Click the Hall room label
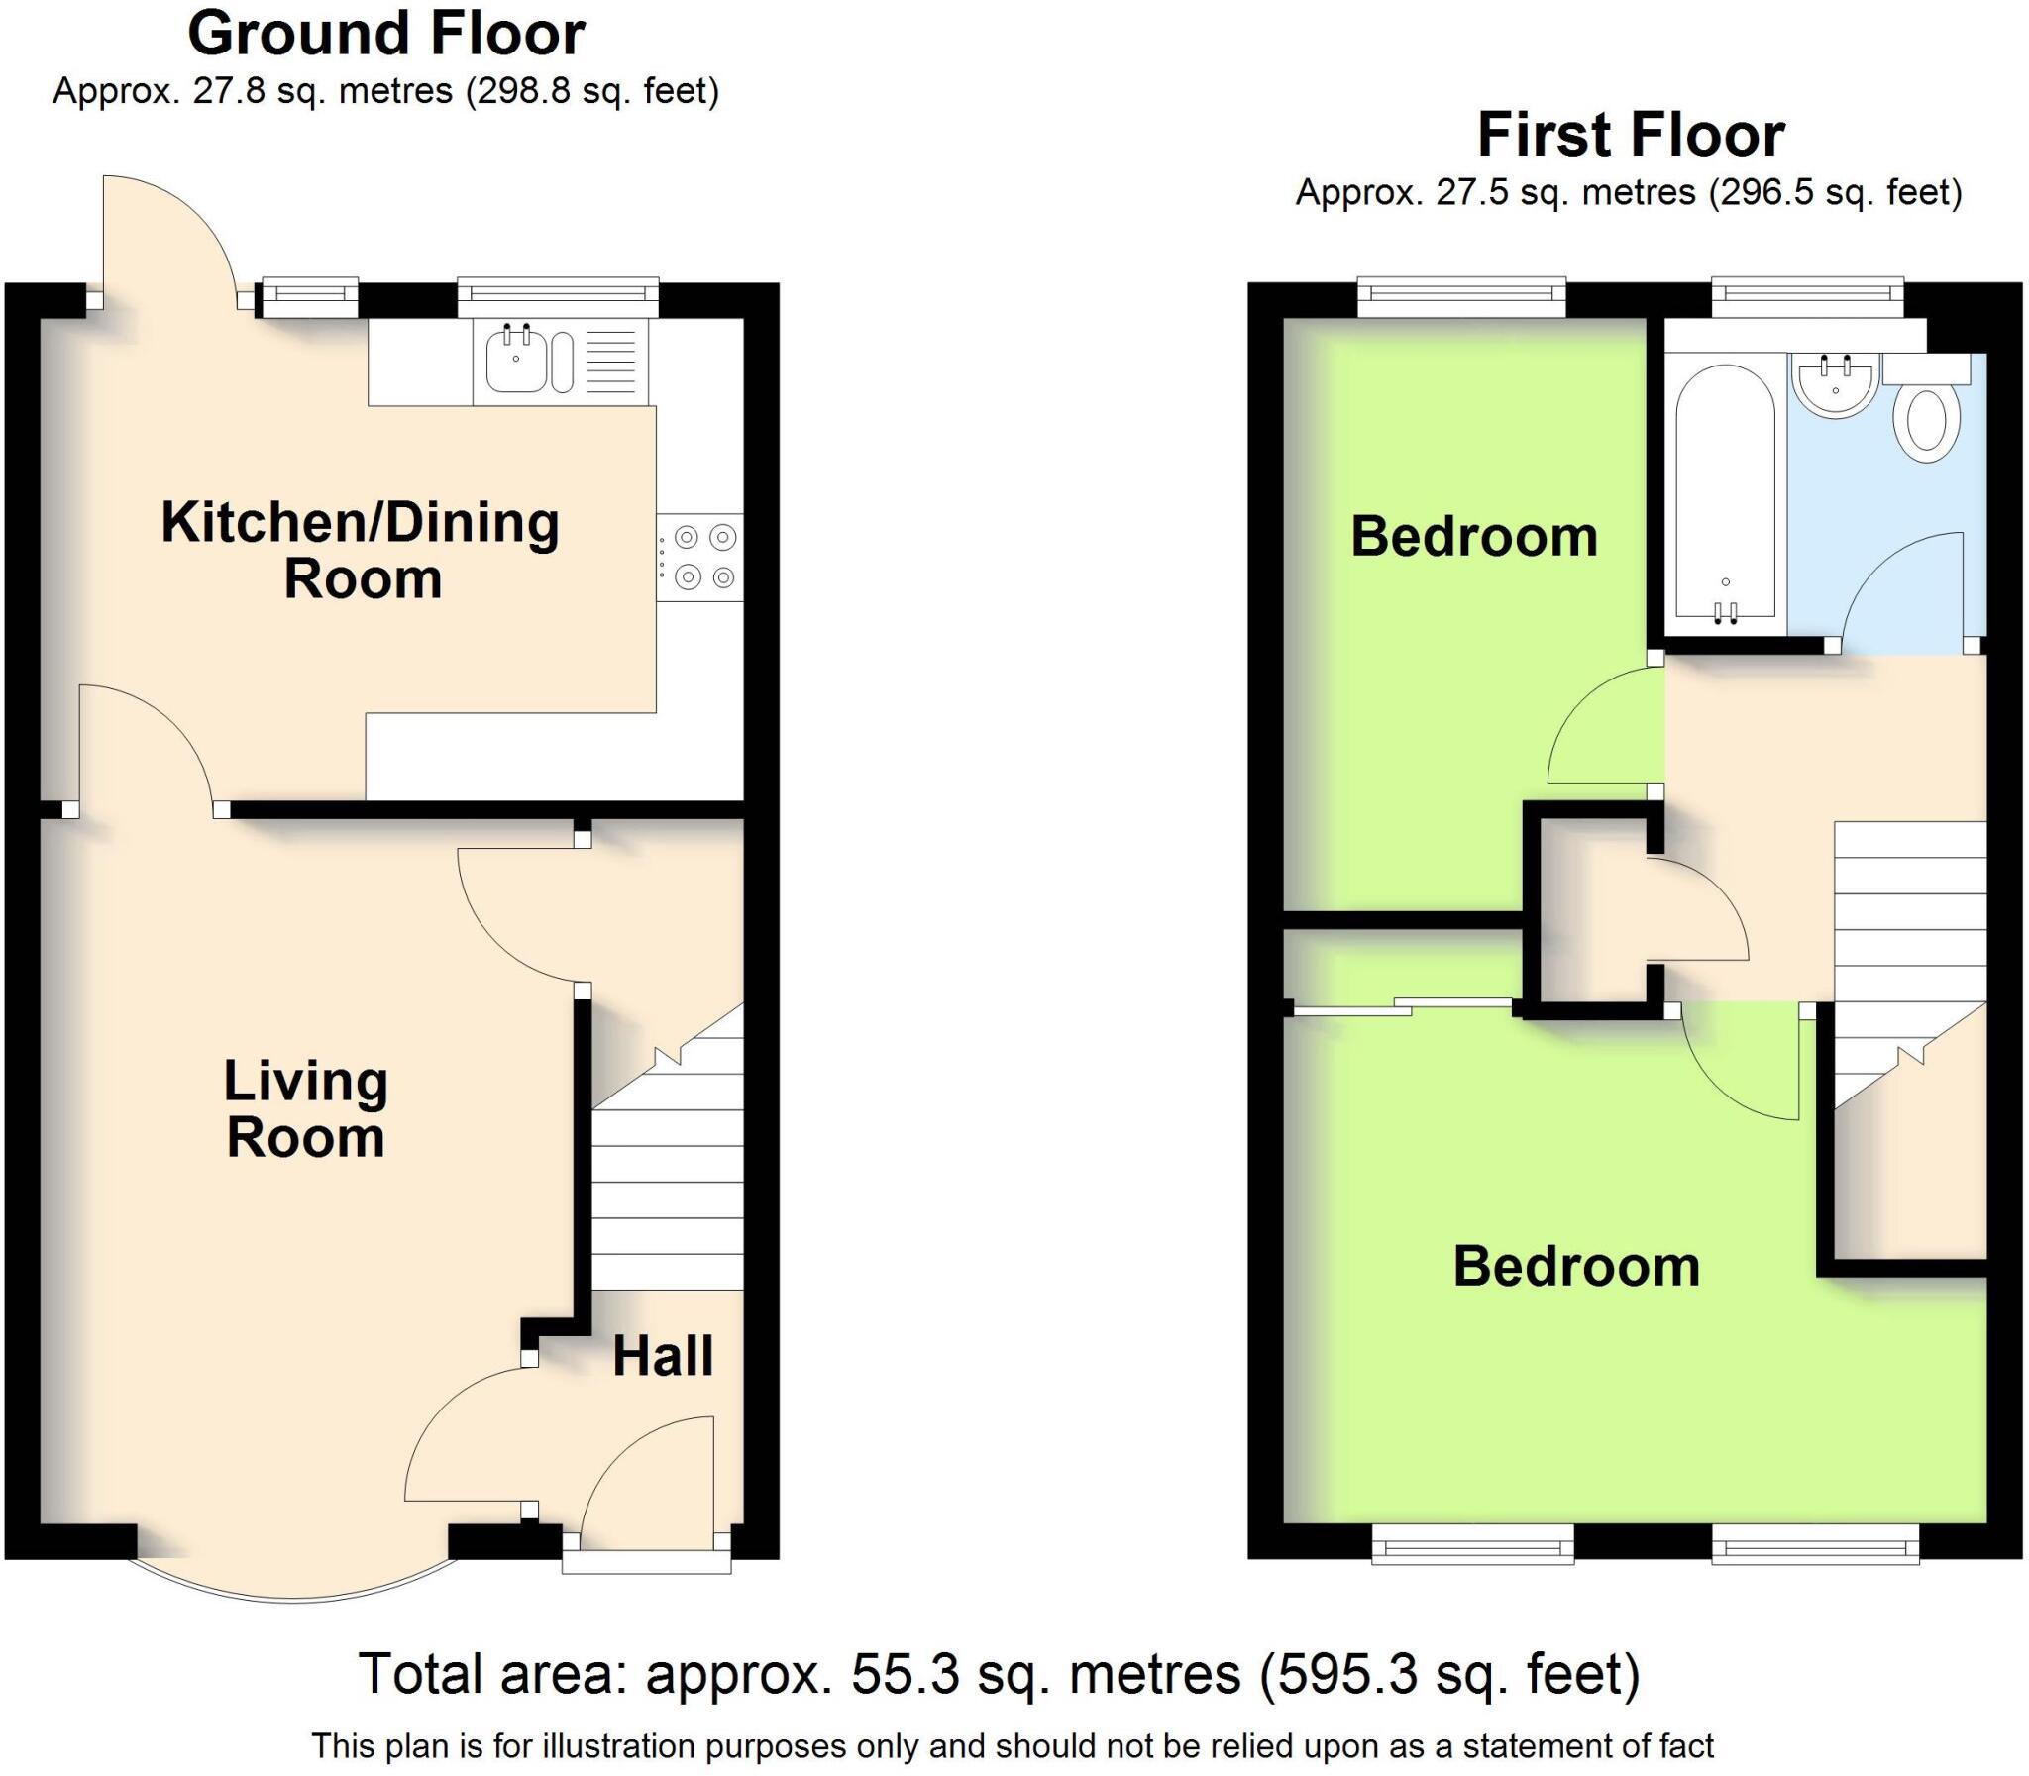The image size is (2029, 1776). (662, 1357)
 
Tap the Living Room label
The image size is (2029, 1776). (305, 1109)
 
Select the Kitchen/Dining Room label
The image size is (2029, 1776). (361, 550)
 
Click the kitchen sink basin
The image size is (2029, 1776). (515, 357)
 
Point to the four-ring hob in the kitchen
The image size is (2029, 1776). (699, 557)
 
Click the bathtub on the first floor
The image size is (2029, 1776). (1725, 495)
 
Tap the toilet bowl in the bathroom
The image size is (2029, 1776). (1927, 423)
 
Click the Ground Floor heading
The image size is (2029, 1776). (385, 34)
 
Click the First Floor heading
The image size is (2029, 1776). (1631, 135)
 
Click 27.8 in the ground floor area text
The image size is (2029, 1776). (230, 91)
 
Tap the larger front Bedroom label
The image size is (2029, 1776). (1576, 1267)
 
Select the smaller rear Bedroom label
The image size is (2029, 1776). (1474, 536)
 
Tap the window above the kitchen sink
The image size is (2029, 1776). (558, 293)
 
